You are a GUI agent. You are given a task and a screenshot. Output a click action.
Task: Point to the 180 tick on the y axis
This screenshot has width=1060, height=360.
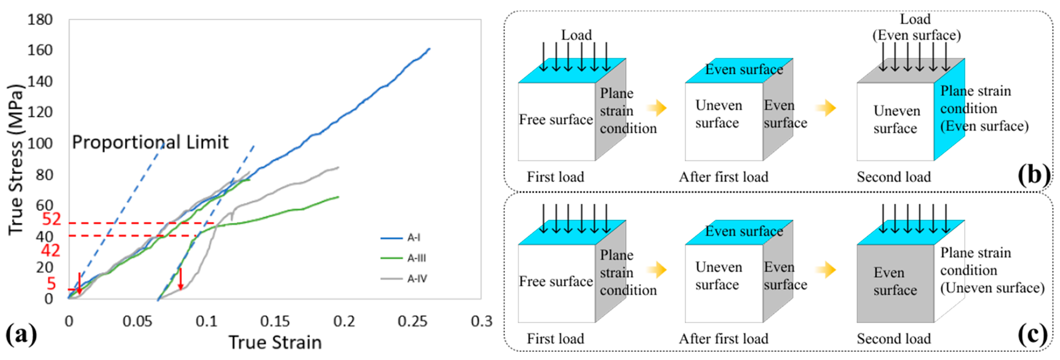pos(40,19)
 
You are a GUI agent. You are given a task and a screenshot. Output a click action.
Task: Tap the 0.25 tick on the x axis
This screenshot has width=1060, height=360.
pos(412,321)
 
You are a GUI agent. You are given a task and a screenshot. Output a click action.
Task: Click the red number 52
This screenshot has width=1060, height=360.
pos(52,219)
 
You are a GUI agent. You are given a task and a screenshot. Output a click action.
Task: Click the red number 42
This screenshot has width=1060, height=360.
pos(50,250)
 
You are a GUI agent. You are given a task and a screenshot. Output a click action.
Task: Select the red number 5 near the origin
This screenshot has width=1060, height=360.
pos(51,283)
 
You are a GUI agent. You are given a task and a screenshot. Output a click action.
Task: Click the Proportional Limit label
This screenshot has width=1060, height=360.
pos(150,142)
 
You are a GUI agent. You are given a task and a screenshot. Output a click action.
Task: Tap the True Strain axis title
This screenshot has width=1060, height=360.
pos(275,342)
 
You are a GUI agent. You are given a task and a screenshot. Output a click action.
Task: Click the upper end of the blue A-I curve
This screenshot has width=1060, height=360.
pos(429,49)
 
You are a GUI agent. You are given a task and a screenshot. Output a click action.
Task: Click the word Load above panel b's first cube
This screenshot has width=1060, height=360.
pos(577,35)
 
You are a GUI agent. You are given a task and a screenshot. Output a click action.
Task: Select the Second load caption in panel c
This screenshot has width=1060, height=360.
pos(894,339)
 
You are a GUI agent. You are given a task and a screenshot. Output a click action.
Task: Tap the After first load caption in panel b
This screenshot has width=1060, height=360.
pos(723,177)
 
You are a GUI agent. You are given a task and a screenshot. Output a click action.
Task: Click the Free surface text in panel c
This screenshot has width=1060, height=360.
pos(555,282)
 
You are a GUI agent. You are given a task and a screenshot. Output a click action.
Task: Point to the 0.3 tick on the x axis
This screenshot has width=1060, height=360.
pos(481,321)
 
